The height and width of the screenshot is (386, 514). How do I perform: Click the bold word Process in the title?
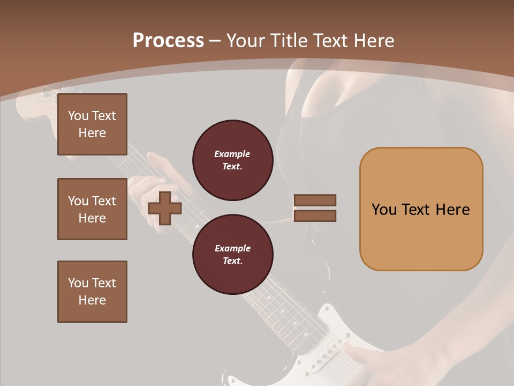168,41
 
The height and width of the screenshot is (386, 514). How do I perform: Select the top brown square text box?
92,124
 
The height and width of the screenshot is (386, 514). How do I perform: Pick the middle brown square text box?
92,209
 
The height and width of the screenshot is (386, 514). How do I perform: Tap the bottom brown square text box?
92,292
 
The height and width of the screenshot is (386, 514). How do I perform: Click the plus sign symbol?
165,208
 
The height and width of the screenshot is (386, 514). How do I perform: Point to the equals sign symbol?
315,208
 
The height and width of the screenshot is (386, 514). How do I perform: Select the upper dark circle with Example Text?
232,160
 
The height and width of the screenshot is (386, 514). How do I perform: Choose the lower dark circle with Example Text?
232,254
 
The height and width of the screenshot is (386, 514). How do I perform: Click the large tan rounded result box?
421,209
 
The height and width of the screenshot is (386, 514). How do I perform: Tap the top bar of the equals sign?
315,201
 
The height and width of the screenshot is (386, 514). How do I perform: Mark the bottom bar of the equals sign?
315,216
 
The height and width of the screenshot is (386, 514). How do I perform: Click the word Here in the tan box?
452,210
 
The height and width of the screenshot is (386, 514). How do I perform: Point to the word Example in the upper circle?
232,154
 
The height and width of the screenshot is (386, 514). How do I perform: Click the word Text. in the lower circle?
232,261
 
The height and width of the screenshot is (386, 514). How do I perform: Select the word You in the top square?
78,116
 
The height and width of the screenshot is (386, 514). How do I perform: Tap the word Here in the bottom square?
92,300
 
